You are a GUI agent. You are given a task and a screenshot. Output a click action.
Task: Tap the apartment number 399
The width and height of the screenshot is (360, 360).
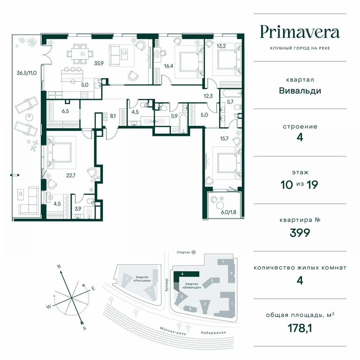pyautogui.click(x=300, y=232)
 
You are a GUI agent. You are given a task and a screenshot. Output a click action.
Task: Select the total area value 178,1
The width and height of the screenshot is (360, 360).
pyautogui.click(x=300, y=328)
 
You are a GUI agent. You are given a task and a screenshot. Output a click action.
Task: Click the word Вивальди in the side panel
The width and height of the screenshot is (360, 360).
pyautogui.click(x=300, y=90)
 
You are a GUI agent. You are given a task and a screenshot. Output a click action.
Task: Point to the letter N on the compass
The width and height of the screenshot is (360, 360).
pyautogui.click(x=60, y=266)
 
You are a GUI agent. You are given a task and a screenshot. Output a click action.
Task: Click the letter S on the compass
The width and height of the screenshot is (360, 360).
pyautogui.click(x=84, y=328)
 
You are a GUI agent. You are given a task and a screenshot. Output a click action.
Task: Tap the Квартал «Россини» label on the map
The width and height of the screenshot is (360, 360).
pyautogui.click(x=142, y=278)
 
